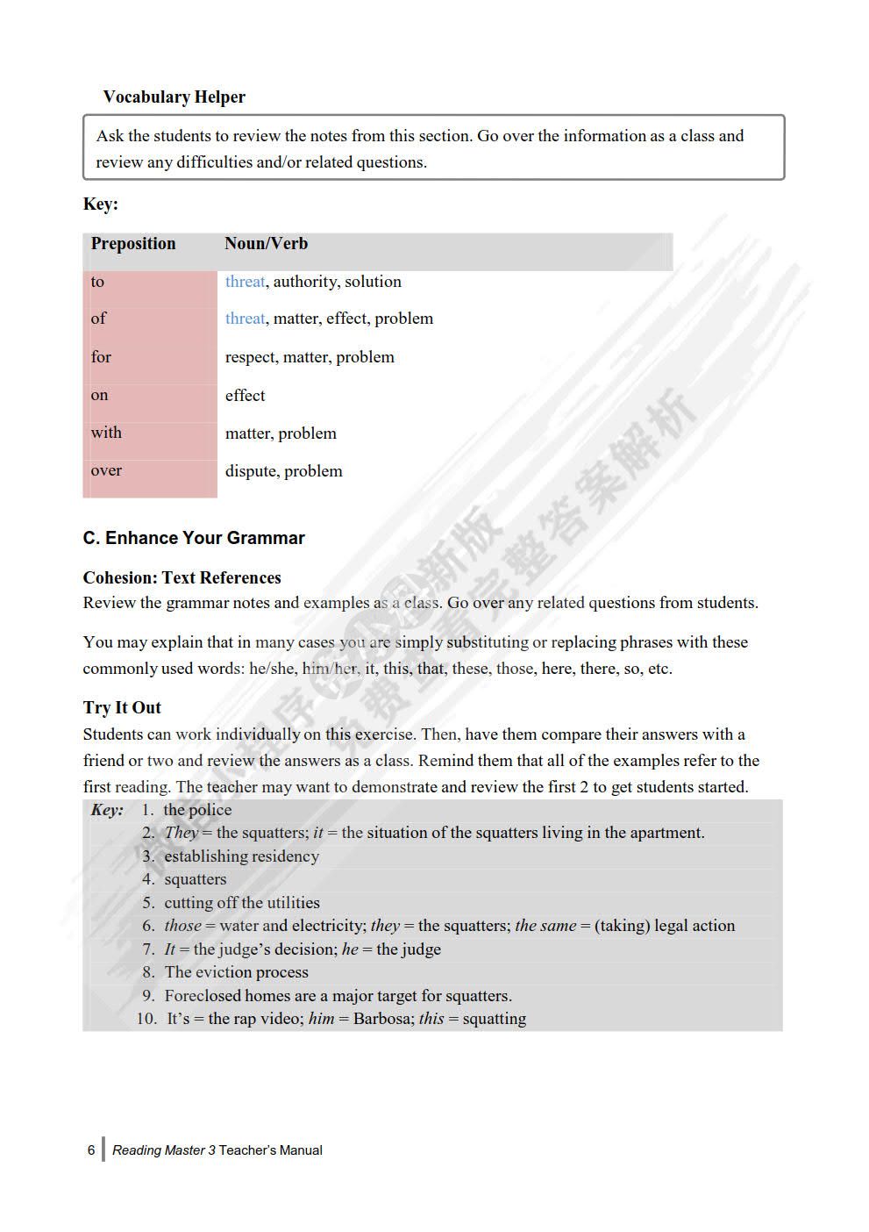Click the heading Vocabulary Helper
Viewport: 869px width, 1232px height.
174,97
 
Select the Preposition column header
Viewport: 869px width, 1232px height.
133,244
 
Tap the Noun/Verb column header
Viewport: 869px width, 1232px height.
266,244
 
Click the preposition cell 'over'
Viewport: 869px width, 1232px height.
106,470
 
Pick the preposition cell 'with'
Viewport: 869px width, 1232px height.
106,433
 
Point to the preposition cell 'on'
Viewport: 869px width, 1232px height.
100,395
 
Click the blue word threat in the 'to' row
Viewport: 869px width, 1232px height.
245,282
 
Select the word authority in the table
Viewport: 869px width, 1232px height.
305,282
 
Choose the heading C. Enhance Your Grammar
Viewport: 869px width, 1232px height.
194,538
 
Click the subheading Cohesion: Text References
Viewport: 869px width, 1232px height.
182,577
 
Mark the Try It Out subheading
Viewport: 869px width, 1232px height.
122,707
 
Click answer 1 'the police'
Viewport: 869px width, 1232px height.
197,810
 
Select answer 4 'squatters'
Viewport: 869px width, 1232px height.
195,879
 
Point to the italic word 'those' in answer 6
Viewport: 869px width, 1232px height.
182,926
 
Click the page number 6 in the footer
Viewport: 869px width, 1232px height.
91,1150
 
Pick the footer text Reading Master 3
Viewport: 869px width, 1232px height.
164,1150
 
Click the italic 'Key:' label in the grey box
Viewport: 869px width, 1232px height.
107,810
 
